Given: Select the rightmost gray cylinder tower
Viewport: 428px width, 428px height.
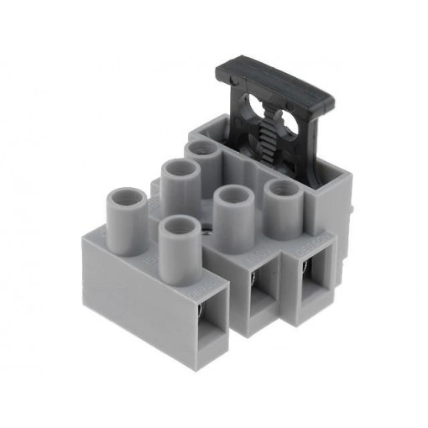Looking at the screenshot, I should point(282,206).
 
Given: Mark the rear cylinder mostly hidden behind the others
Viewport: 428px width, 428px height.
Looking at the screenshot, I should point(201,151).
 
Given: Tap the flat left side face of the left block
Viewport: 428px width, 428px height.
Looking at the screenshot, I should point(134,294).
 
